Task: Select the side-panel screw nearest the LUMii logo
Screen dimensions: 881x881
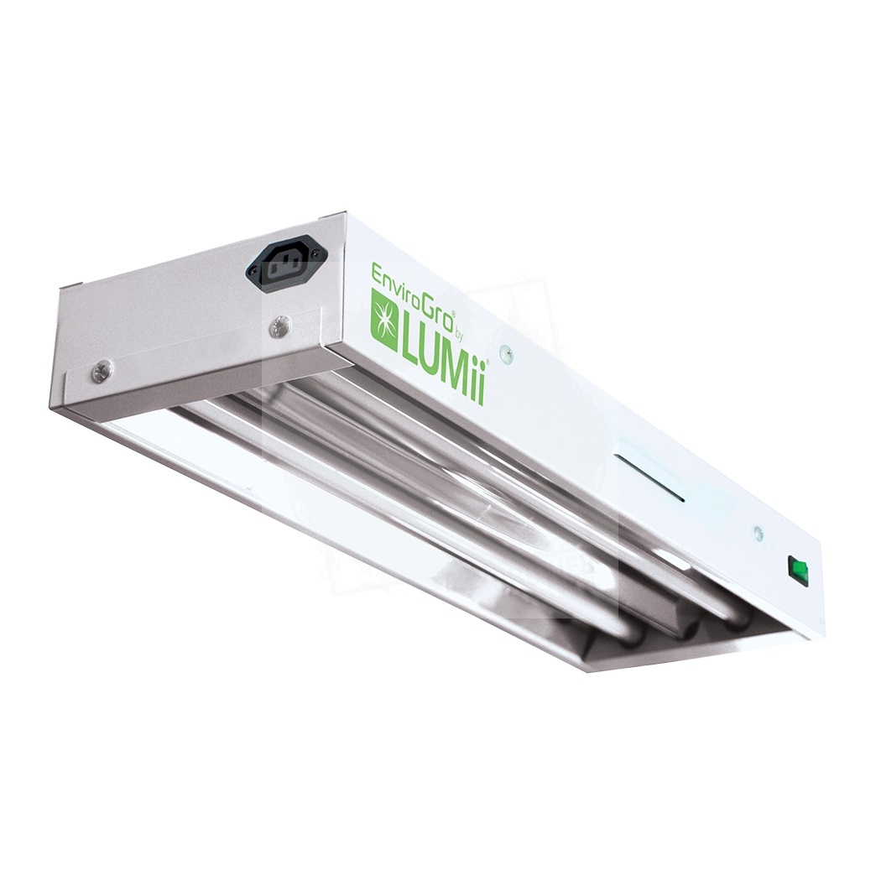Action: pos(509,351)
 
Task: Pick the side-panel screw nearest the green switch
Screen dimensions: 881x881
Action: pos(758,529)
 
